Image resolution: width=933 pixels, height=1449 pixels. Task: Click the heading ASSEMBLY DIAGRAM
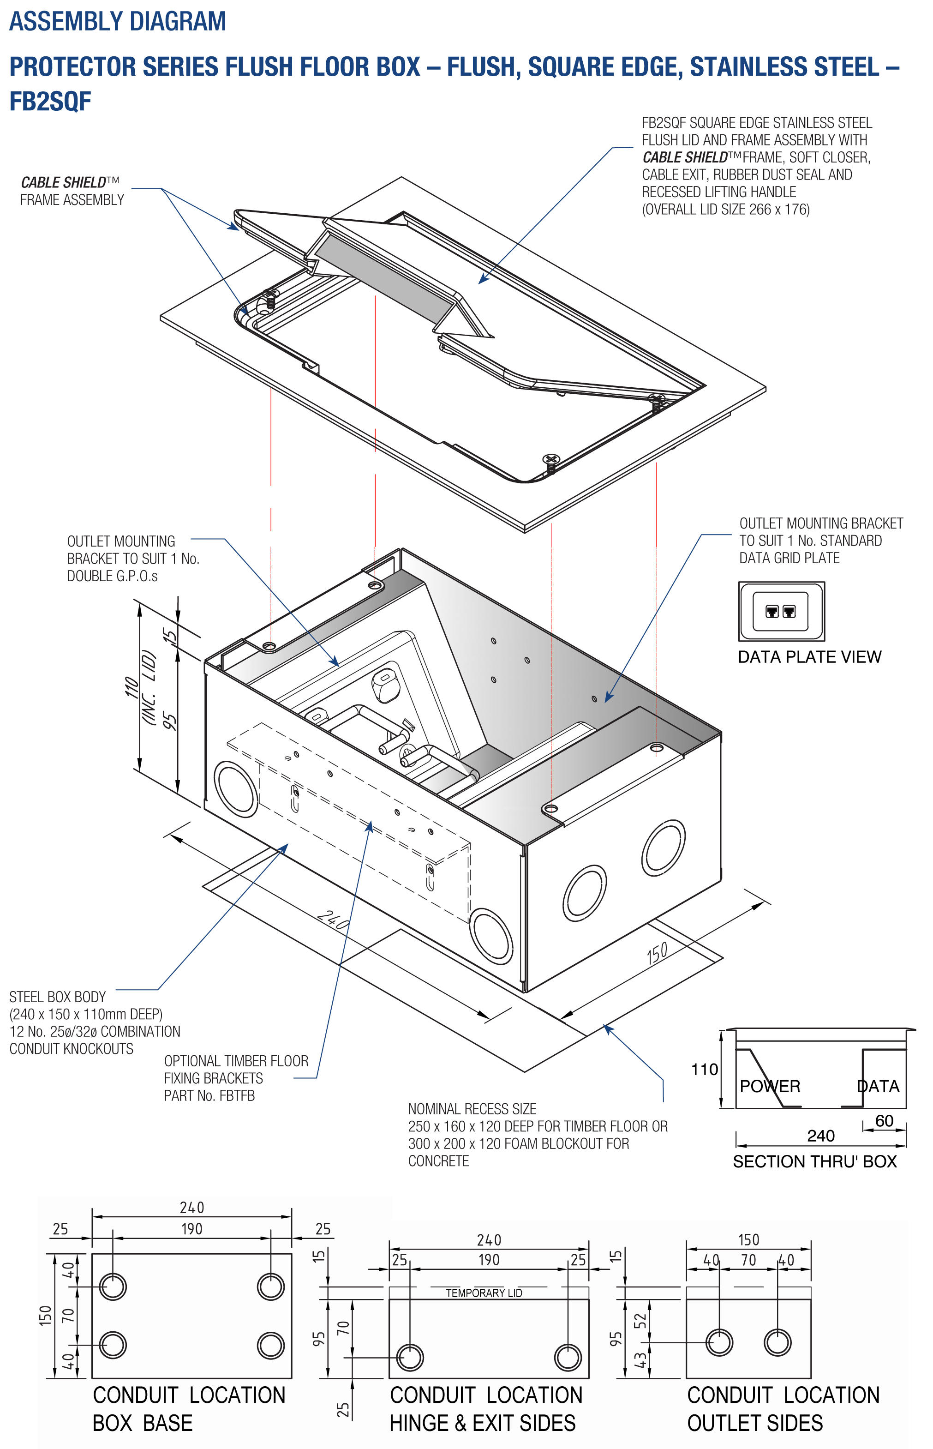[118, 21]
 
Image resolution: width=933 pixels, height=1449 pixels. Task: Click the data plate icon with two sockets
[781, 611]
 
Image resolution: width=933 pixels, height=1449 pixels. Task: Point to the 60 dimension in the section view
[884, 1120]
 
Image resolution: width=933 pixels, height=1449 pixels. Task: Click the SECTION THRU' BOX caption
[814, 1161]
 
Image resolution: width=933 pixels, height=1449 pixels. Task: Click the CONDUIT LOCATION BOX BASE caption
[188, 1408]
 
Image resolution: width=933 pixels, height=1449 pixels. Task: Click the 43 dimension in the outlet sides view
[640, 1360]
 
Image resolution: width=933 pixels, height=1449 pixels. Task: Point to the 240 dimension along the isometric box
[333, 920]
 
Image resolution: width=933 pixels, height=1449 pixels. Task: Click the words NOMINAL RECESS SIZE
[472, 1109]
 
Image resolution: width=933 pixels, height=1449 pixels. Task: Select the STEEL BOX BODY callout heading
[58, 997]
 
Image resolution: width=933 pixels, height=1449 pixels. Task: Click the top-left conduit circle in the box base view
[113, 1286]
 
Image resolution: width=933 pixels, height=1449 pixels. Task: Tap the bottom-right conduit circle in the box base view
[270, 1345]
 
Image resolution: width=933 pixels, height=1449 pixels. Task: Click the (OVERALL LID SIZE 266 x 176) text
[725, 210]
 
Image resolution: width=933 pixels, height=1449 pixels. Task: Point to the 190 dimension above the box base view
[191, 1228]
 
